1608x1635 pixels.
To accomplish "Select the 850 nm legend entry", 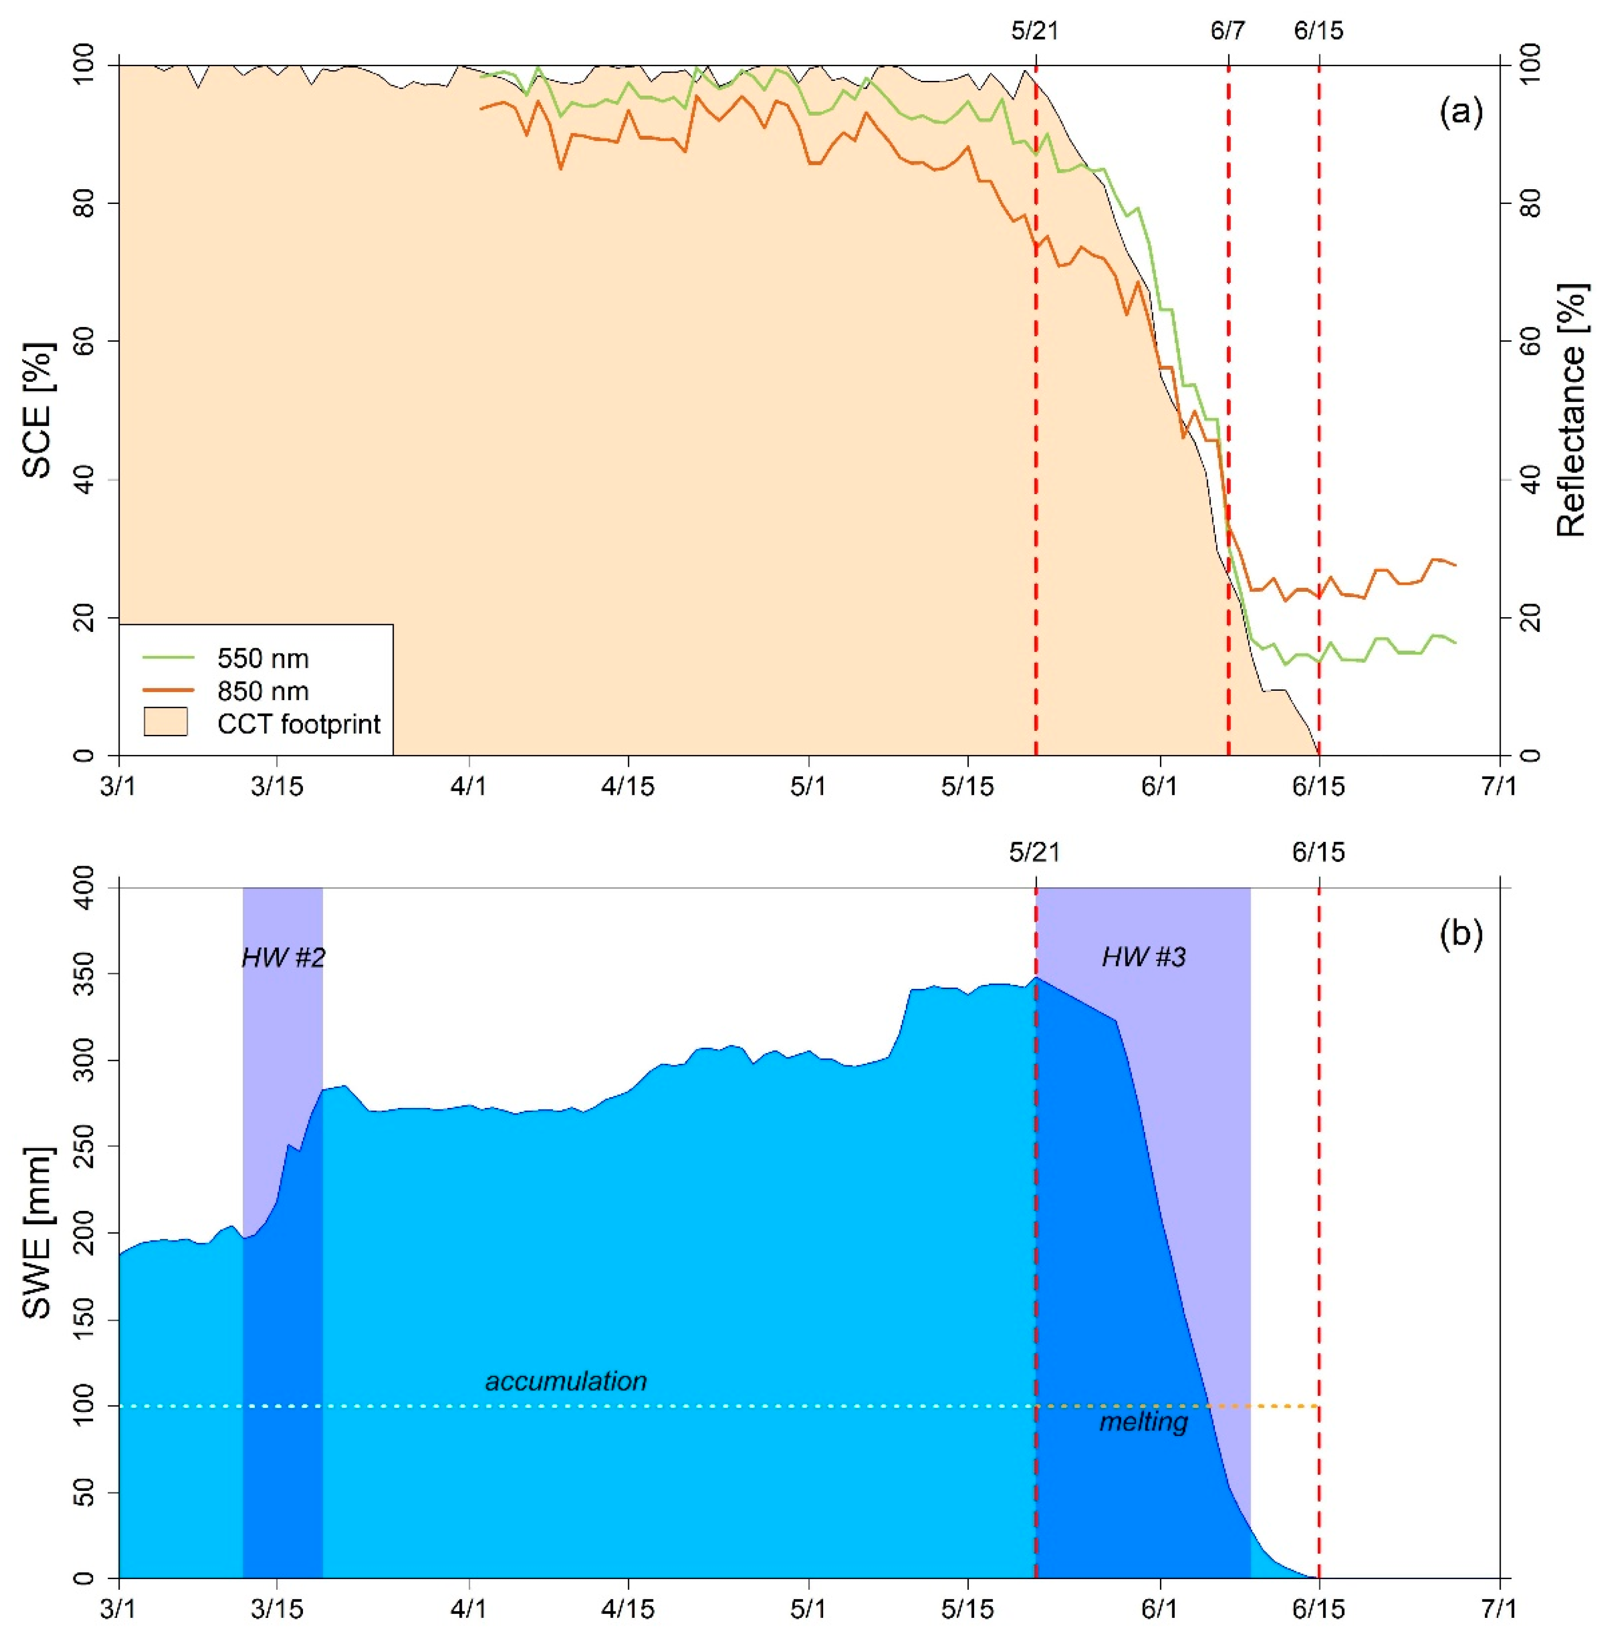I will click(262, 691).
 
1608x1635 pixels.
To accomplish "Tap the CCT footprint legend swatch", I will click(166, 724).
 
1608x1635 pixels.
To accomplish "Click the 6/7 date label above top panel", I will click(1227, 31).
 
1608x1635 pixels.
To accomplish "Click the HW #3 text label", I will click(1144, 957).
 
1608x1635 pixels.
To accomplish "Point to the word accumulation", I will click(566, 1381).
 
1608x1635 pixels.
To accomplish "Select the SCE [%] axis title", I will click(38, 409).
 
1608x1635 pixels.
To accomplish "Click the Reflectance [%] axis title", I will click(1571, 409).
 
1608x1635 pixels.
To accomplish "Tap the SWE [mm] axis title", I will click(38, 1233).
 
